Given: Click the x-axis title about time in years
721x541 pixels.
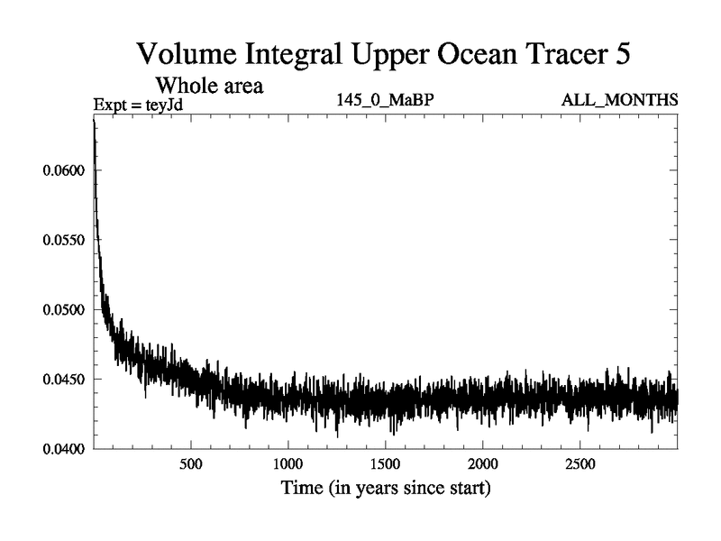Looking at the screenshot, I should pyautogui.click(x=385, y=490).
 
